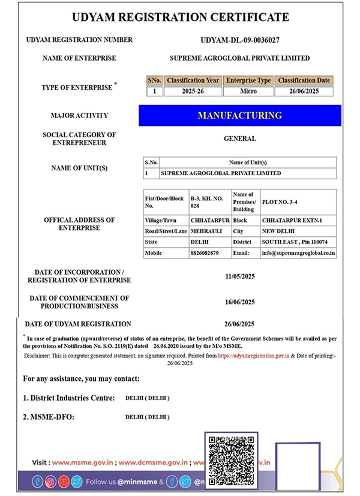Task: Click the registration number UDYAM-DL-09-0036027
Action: tap(239, 40)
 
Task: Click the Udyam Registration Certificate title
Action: tap(180, 17)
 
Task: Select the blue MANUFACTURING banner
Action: tap(239, 115)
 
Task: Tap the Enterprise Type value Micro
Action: tap(248, 92)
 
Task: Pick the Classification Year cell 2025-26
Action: tap(193, 92)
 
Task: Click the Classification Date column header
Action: tap(304, 80)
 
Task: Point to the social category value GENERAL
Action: tap(239, 139)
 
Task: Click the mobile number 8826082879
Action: tap(204, 253)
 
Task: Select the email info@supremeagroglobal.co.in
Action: tap(299, 253)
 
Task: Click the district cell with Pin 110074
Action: tap(299, 242)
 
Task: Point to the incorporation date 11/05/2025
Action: tap(239, 276)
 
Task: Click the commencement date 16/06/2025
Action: tap(239, 302)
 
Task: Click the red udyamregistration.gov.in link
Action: tap(254, 356)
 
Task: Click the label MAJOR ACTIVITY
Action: tap(80, 115)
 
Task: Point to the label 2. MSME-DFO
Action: tap(49, 417)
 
